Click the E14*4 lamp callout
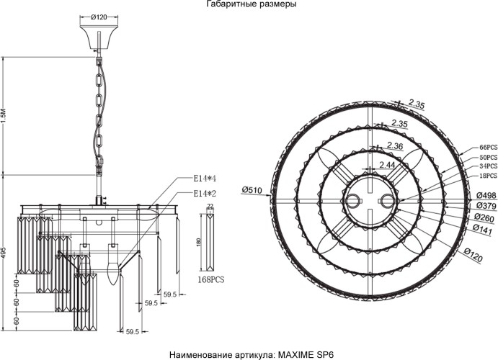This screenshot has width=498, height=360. (205, 178)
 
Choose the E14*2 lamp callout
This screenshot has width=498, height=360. (205, 193)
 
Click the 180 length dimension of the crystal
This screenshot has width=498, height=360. (199, 242)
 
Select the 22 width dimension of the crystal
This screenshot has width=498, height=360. (210, 206)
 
